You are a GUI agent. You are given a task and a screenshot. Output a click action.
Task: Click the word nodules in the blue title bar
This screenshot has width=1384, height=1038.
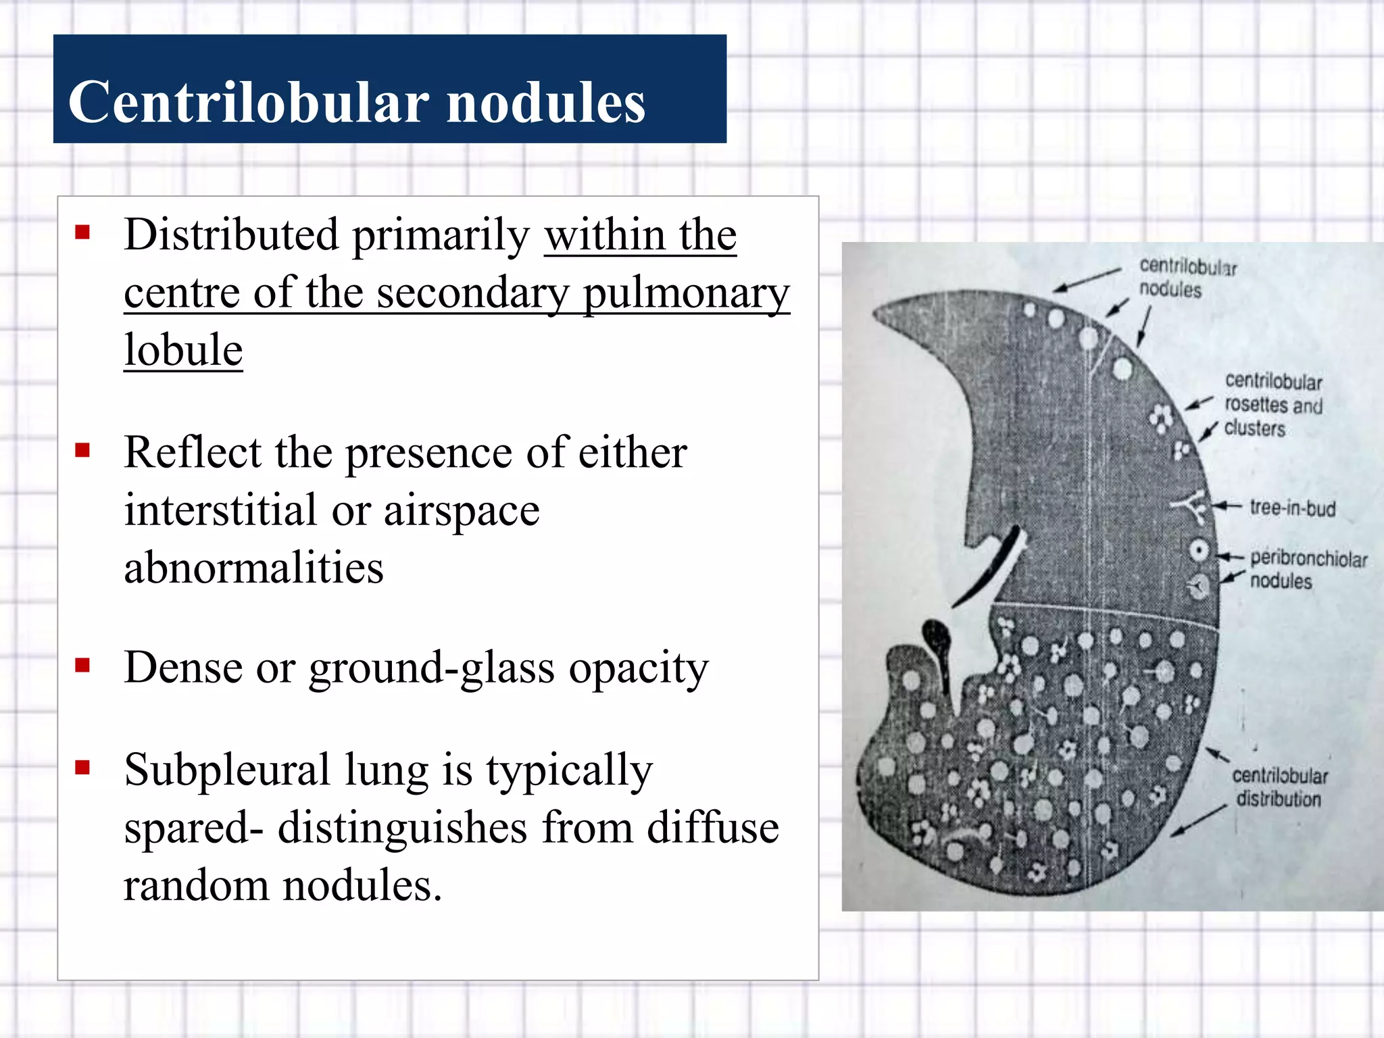[x=546, y=103]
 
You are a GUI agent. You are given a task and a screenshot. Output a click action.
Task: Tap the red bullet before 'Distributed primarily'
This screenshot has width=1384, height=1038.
[x=82, y=233]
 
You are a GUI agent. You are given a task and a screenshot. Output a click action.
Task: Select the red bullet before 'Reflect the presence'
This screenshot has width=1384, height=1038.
[x=82, y=450]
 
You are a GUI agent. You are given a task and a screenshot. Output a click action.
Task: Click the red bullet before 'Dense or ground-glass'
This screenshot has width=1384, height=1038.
[x=82, y=666]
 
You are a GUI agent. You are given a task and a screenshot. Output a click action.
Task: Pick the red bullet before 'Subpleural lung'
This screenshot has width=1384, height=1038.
[x=82, y=767]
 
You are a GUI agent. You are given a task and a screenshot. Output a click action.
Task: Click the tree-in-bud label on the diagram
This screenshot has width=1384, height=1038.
[x=1292, y=508]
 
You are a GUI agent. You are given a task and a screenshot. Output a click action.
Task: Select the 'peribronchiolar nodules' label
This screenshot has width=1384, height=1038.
[x=1308, y=569]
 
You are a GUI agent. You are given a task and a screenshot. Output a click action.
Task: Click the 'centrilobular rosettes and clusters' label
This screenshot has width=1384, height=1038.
[x=1273, y=405]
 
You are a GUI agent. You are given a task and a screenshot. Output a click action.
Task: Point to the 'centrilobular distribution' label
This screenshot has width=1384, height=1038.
[x=1279, y=787]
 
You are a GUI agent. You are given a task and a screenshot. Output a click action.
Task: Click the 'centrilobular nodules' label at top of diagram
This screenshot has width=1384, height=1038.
[x=1187, y=278]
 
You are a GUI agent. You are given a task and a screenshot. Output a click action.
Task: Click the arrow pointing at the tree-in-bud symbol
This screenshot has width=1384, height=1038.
[x=1227, y=506]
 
